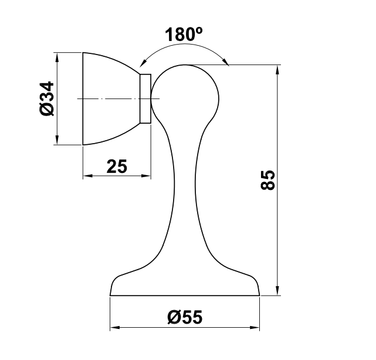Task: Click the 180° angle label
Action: (184, 34)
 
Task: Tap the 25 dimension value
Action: (117, 166)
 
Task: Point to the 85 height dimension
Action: (267, 180)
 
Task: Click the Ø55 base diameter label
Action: (185, 317)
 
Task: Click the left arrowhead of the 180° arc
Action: (143, 63)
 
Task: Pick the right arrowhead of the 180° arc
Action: (225, 62)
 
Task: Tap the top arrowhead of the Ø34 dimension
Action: (57, 57)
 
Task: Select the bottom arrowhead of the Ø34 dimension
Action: (57, 140)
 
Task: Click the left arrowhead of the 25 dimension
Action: (88, 176)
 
